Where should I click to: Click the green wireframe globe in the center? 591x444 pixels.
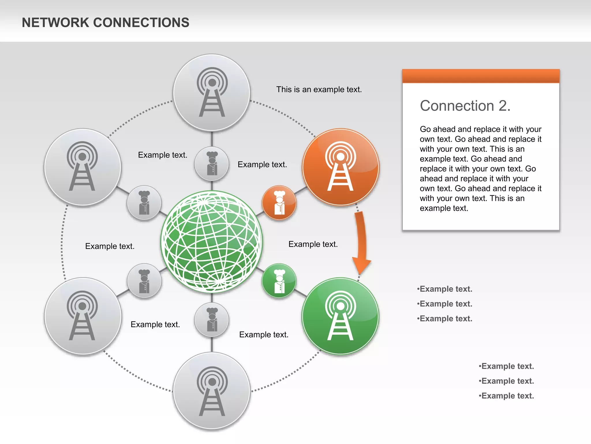tap(212, 242)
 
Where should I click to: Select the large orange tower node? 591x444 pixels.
tap(341, 167)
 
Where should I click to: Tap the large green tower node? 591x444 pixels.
tap(341, 316)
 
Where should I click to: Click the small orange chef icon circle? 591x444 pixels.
tap(279, 203)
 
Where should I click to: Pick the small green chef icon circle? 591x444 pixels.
tap(279, 281)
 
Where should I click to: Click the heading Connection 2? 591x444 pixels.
tap(465, 106)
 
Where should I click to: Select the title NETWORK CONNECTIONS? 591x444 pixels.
tap(106, 23)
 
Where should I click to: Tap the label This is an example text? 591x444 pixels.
tap(319, 90)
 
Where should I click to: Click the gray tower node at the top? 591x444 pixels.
tap(212, 92)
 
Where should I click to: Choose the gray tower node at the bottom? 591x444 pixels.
tap(212, 391)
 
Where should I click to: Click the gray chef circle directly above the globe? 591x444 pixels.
tap(212, 164)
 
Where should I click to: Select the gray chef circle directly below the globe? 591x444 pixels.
tap(212, 320)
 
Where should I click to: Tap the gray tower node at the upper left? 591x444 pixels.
tap(83, 167)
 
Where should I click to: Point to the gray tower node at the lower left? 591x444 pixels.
tap(83, 316)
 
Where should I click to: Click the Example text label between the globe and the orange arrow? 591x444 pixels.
tap(313, 244)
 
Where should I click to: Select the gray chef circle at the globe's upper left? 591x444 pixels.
tap(144, 203)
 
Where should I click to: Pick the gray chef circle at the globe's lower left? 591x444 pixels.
tap(144, 281)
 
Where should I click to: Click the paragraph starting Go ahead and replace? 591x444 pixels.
tap(480, 169)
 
